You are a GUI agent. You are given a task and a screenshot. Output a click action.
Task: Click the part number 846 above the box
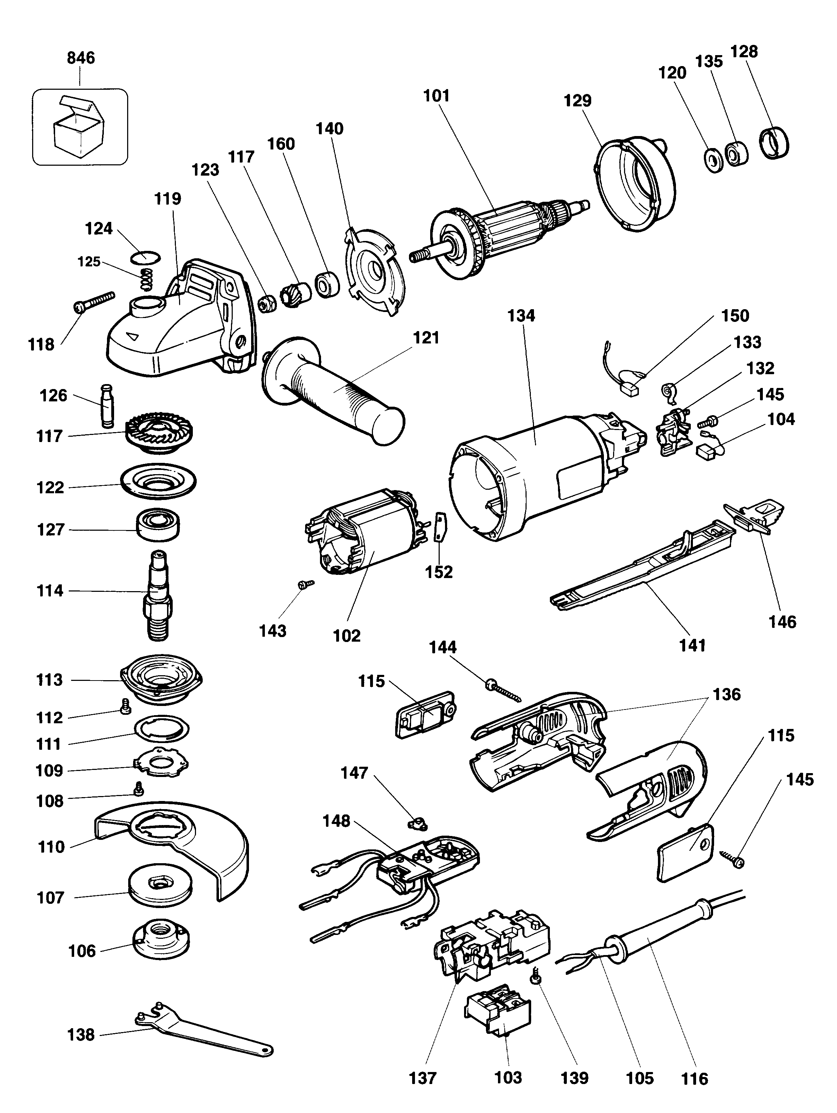click(81, 58)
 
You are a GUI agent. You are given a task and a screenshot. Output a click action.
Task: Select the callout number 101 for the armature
click(436, 96)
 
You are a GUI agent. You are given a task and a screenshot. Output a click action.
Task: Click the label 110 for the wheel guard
click(51, 847)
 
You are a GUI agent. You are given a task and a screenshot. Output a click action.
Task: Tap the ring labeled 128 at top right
click(774, 143)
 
